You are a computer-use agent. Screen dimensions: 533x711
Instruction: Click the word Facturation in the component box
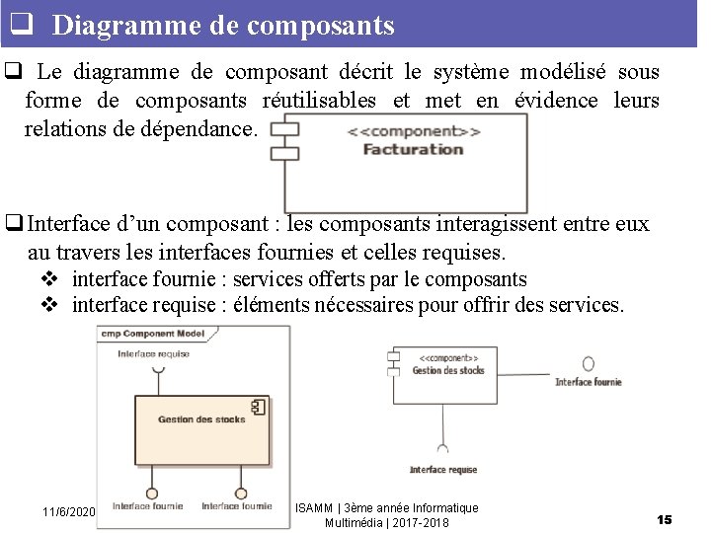pyautogui.click(x=413, y=150)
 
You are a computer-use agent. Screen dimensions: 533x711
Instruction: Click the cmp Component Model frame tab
pyautogui.click(x=153, y=334)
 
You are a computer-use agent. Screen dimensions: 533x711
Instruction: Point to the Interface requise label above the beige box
pyautogui.click(x=153, y=353)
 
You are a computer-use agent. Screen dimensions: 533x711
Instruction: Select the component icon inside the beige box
pyautogui.click(x=259, y=407)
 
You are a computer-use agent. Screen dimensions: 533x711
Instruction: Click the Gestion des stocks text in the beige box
pyautogui.click(x=201, y=419)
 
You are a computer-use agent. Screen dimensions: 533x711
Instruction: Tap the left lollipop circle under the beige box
pyautogui.click(x=152, y=493)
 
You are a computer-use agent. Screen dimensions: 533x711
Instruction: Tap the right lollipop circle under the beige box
pyautogui.click(x=240, y=493)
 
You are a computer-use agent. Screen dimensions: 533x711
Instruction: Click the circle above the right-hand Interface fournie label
pyautogui.click(x=588, y=363)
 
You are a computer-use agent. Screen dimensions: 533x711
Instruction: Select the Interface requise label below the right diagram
pyautogui.click(x=443, y=470)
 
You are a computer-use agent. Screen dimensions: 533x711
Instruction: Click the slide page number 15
pyautogui.click(x=664, y=519)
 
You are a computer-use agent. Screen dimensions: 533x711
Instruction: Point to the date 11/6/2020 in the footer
pyautogui.click(x=68, y=511)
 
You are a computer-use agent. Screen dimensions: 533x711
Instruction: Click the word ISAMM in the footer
pyautogui.click(x=314, y=508)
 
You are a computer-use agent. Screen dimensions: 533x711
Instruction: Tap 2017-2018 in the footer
pyautogui.click(x=422, y=522)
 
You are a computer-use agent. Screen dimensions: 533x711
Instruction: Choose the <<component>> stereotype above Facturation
pyautogui.click(x=421, y=131)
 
